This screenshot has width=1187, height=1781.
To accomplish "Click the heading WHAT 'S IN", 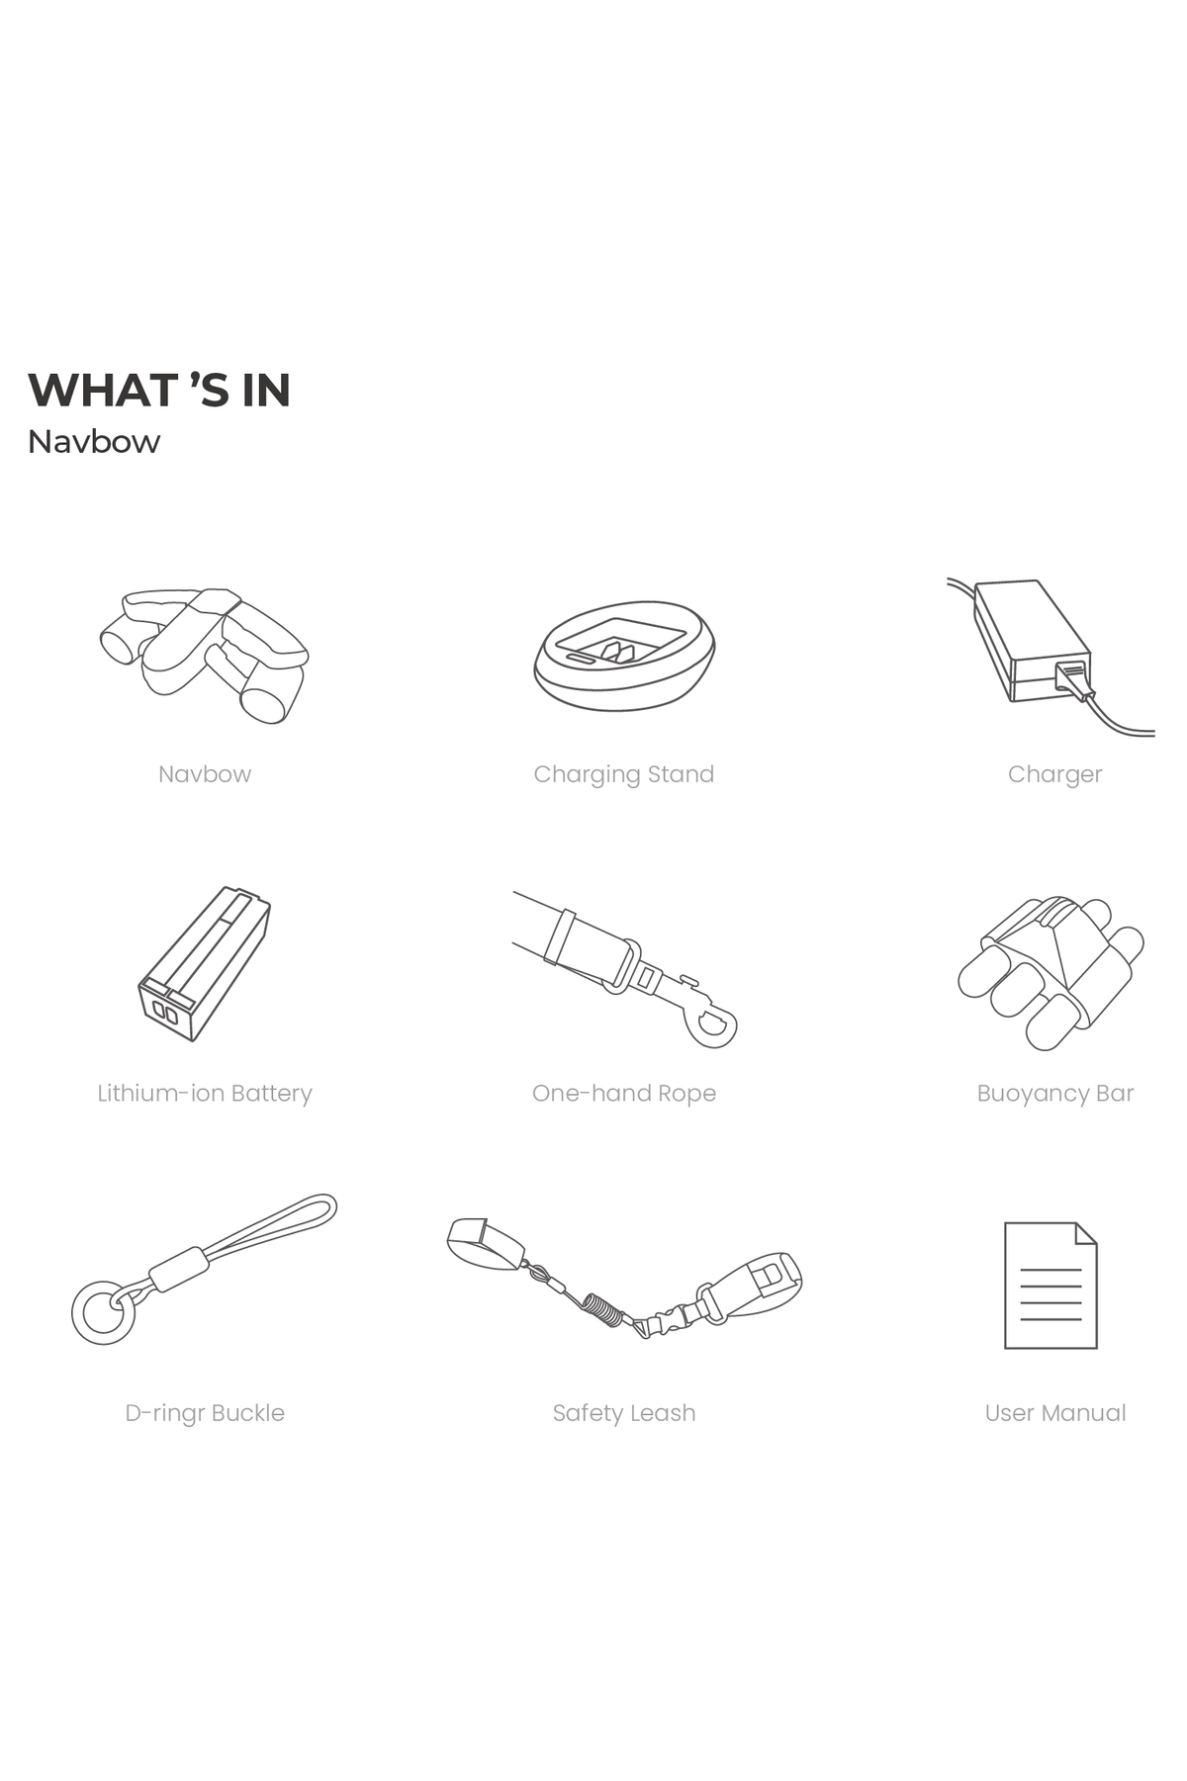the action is coord(159,390).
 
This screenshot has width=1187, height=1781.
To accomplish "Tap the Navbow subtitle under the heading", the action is coord(94,441).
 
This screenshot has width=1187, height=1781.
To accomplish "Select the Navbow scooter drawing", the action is coord(204,655).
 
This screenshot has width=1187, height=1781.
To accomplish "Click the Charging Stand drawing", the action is coord(624,655).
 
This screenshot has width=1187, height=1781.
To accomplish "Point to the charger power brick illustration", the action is coord(1032,641).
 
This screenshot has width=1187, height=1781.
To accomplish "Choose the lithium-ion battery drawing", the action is coord(204,963).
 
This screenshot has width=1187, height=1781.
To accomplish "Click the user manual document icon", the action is coord(1050,1286).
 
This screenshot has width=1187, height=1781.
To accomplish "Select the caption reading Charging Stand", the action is coord(624,774).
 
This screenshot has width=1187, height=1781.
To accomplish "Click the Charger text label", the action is coord(1054,774).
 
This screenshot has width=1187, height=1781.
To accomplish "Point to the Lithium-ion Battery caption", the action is coord(205,1094).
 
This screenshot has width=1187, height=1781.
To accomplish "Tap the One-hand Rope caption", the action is coord(624,1094).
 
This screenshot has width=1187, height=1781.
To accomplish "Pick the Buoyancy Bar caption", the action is coord(1055,1094).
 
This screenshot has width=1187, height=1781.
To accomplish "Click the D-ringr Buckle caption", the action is coord(205,1413).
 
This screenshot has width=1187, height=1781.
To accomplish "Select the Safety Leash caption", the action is coord(624,1413).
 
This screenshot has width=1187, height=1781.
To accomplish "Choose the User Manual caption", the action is coord(1055,1413).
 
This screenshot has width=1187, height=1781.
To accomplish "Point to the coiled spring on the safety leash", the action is coord(604,1309).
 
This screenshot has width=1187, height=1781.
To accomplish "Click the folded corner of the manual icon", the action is coord(1087,1232).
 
